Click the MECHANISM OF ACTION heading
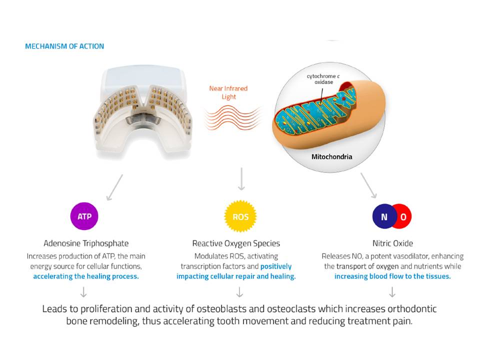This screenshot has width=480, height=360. [x=64, y=46]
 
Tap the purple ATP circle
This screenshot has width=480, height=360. [x=84, y=216]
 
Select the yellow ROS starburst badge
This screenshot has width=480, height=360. [x=240, y=217]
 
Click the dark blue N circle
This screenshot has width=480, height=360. [x=383, y=217]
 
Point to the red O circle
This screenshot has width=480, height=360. [x=403, y=217]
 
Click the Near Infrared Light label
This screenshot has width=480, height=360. [x=228, y=92]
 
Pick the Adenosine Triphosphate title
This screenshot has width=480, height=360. [x=86, y=243]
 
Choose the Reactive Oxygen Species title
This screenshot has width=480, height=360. [x=236, y=243]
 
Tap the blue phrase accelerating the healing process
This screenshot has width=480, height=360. [x=86, y=276]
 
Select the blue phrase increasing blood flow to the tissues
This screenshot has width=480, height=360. [x=392, y=276]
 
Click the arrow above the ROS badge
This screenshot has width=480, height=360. [x=241, y=179]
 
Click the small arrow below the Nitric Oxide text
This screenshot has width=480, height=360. [x=392, y=291]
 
